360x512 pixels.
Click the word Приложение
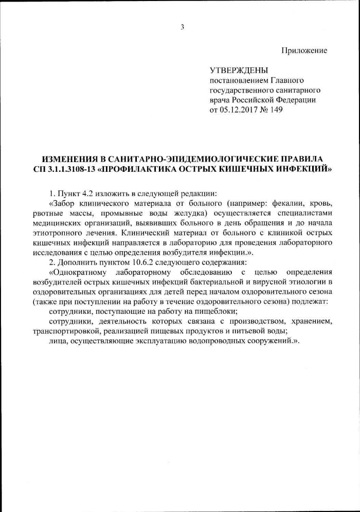(304, 50)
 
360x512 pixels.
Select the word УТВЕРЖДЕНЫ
(239, 70)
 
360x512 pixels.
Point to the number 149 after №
(277, 110)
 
